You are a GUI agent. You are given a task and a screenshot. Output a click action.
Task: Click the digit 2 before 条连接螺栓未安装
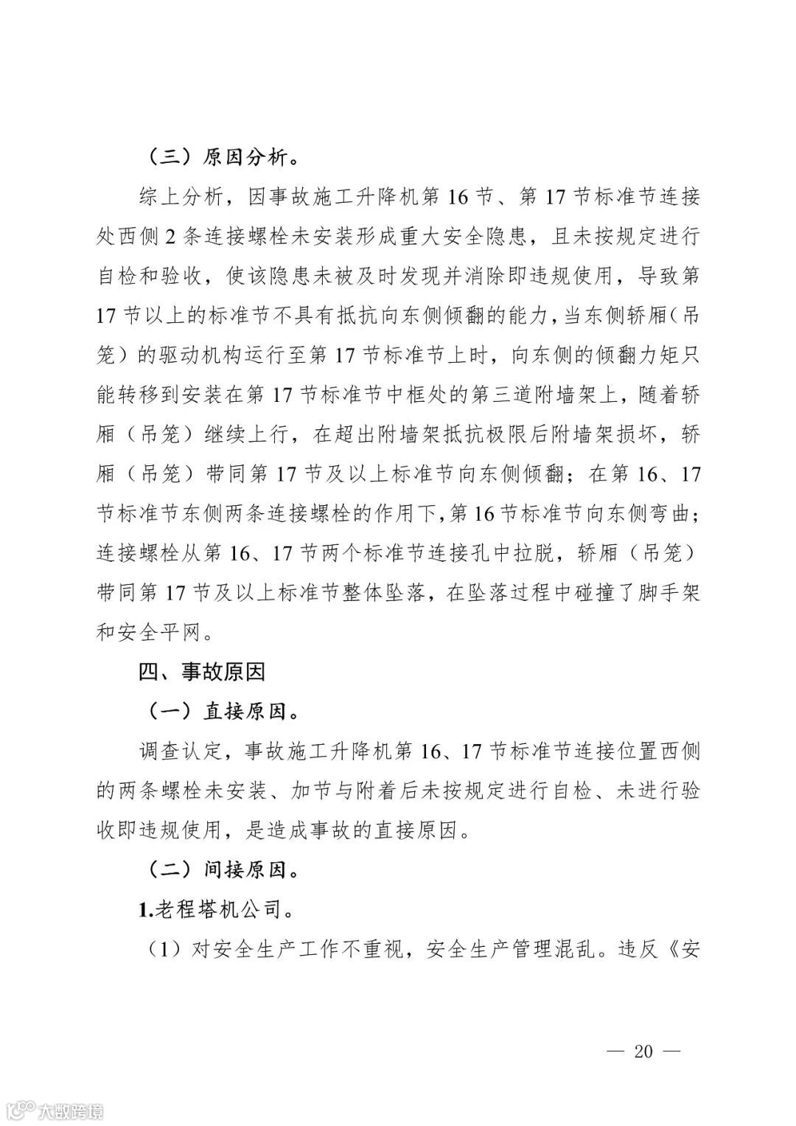pyautogui.click(x=170, y=237)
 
